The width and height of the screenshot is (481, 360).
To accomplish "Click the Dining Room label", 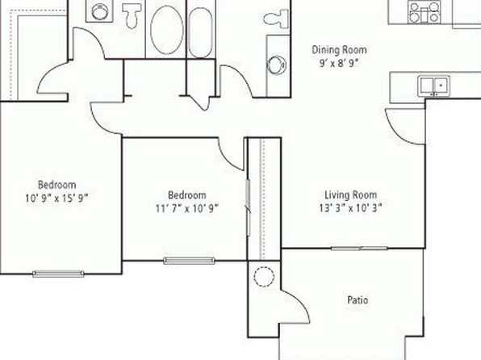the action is (x=339, y=50).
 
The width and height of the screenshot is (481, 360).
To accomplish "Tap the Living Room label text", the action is (x=350, y=195).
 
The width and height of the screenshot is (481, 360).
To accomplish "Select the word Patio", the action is (x=358, y=299).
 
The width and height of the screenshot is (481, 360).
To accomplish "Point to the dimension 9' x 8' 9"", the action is (x=339, y=63).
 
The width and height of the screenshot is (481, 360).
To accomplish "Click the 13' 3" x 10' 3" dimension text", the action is (x=350, y=208).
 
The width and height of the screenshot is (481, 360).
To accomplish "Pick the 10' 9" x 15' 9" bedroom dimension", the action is (x=56, y=199).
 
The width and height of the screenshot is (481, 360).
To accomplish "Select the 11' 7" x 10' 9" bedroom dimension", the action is (x=186, y=208).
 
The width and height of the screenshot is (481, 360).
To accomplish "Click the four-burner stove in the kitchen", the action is (x=425, y=11).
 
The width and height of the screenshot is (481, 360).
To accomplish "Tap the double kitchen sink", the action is (x=433, y=86).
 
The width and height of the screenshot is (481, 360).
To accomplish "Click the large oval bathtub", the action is (x=167, y=30).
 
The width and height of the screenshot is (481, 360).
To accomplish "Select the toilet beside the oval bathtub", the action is (x=132, y=15).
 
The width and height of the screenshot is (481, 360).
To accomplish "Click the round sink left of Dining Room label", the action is (x=277, y=65).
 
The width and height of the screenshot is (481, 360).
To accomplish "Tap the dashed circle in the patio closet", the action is (x=264, y=277).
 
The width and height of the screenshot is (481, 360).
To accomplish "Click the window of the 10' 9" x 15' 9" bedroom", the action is (x=58, y=274).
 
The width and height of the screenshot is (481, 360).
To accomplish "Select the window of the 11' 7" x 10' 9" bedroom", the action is (x=189, y=261).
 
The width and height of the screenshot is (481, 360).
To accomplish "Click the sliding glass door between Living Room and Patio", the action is (x=359, y=248).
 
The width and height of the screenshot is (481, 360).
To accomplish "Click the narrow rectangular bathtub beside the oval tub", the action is (x=200, y=32).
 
